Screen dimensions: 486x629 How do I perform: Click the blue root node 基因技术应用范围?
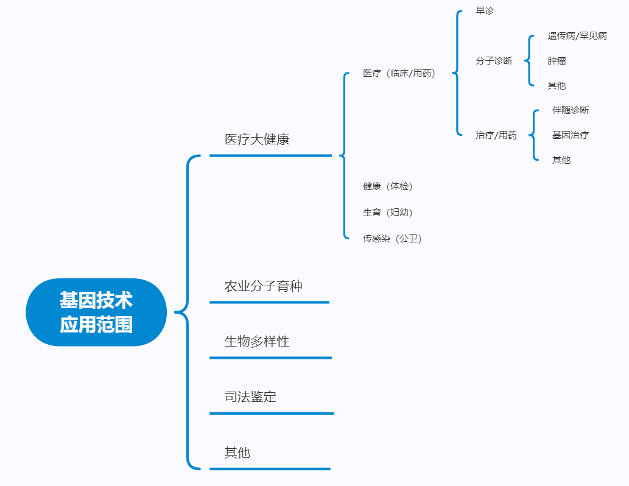tap(96, 312)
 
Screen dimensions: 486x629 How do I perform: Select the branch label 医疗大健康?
tap(257, 139)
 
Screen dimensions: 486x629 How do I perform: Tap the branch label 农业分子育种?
tap(263, 286)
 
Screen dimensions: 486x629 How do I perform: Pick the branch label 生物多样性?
tap(257, 342)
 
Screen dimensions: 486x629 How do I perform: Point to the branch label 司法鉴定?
tap(250, 397)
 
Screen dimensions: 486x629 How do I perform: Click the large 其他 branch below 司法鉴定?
tap(237, 453)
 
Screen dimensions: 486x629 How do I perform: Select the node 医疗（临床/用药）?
tap(399, 73)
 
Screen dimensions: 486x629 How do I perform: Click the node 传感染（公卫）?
tap(392, 239)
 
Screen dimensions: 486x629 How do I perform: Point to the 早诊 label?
tap(485, 11)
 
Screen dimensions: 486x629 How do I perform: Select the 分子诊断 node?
tap(494, 61)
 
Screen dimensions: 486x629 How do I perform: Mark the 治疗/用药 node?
tap(496, 135)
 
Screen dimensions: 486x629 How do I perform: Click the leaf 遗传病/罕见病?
tap(577, 36)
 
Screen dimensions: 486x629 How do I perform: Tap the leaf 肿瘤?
tap(557, 61)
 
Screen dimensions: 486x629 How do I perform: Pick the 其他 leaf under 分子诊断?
tap(557, 86)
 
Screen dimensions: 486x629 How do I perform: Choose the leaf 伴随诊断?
tap(571, 110)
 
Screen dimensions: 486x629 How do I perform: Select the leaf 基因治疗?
tap(571, 135)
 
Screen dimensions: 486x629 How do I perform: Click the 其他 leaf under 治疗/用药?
tap(561, 160)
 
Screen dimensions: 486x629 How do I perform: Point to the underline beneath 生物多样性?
tap(270, 357)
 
